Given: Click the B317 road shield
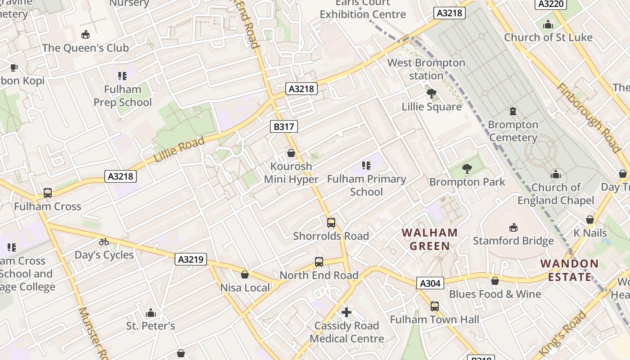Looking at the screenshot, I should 284,126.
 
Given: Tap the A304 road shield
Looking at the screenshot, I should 430,283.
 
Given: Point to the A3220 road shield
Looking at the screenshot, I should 550,4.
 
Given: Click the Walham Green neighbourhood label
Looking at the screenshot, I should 430,239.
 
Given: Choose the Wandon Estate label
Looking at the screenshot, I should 569,270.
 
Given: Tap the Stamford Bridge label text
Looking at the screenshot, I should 513,241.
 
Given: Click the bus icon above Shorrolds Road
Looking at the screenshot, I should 331,222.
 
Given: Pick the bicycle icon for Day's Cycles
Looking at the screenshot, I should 104,242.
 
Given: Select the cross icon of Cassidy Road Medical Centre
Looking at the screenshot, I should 346,312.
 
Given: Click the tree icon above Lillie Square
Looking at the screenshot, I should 432,94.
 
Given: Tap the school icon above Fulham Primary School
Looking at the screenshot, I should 366,166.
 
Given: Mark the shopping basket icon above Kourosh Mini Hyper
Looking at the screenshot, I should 291,153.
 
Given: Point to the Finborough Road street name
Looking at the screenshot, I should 589,117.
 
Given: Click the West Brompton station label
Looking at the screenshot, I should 426,69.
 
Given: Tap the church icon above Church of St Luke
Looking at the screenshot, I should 548,24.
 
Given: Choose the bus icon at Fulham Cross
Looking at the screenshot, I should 48,193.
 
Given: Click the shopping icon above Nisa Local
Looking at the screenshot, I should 245,274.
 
